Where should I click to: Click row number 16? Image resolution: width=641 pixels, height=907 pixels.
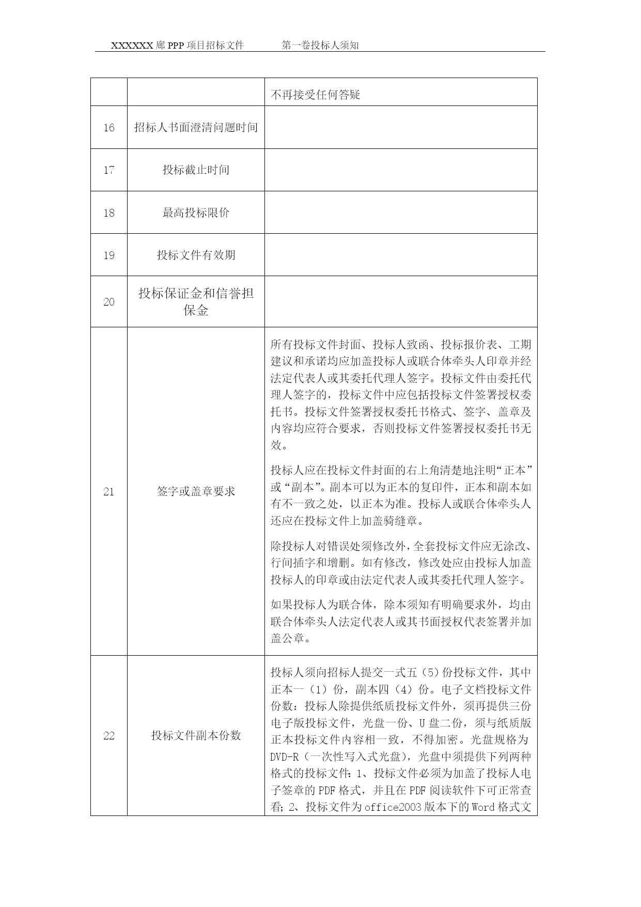pyautogui.click(x=108, y=128)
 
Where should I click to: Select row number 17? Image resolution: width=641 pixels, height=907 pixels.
pyautogui.click(x=108, y=170)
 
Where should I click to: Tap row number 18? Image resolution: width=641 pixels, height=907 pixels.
pyautogui.click(x=108, y=213)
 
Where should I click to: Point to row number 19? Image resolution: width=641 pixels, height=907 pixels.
pyautogui.click(x=108, y=255)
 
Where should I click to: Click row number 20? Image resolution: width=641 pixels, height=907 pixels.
pyautogui.click(x=108, y=302)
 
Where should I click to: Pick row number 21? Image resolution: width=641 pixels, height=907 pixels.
pyautogui.click(x=108, y=491)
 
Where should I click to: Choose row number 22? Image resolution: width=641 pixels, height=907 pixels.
pyautogui.click(x=108, y=735)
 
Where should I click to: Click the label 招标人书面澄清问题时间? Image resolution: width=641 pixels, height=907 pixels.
pyautogui.click(x=196, y=127)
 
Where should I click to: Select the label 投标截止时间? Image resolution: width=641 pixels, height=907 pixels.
pyautogui.click(x=196, y=170)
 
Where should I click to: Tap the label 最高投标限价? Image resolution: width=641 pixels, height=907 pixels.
pyautogui.click(x=196, y=213)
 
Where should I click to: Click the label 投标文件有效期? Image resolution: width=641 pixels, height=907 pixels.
pyautogui.click(x=196, y=255)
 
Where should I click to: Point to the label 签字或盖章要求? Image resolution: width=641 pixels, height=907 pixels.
pyautogui.click(x=196, y=491)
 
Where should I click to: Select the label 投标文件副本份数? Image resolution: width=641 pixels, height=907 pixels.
pyautogui.click(x=196, y=735)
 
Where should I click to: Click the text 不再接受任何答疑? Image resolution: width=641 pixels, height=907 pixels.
pyautogui.click(x=315, y=95)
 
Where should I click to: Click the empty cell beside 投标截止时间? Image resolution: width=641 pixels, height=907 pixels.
pyautogui.click(x=401, y=170)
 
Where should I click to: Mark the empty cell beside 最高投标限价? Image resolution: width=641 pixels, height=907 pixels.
pyautogui.click(x=401, y=213)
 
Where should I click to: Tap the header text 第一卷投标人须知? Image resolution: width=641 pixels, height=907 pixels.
pyautogui.click(x=320, y=46)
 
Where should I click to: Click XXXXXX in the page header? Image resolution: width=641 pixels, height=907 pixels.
pyautogui.click(x=132, y=46)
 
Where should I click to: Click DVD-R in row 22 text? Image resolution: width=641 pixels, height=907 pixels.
pyautogui.click(x=285, y=757)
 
